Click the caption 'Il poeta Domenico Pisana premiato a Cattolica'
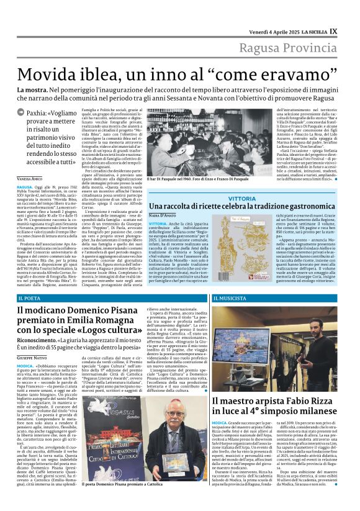(x=124, y=500)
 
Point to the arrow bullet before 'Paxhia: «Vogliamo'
(x=21, y=113)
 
